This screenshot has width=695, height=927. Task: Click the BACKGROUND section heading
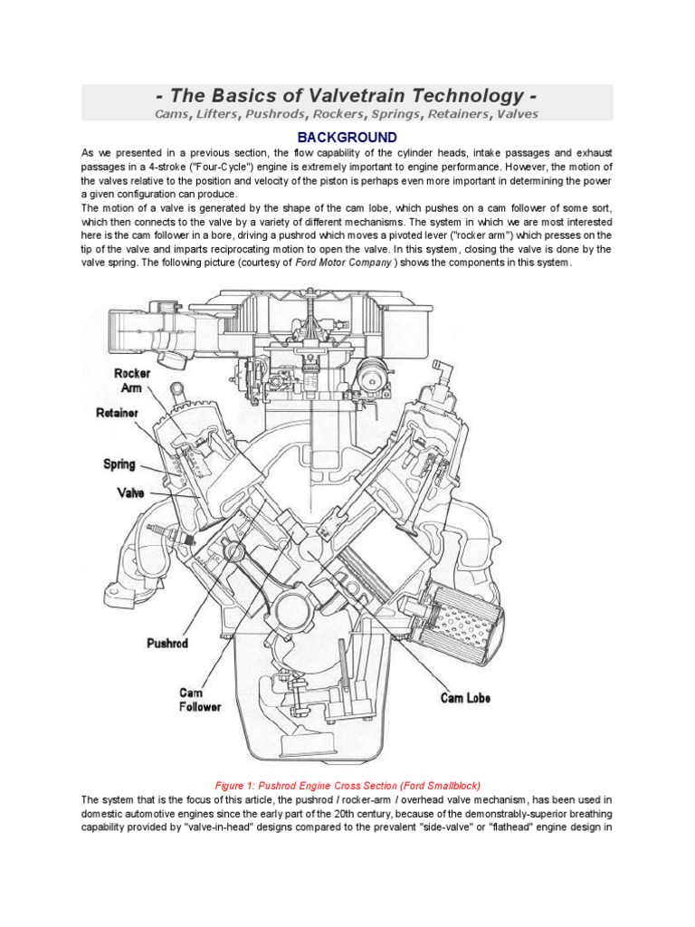point(347,137)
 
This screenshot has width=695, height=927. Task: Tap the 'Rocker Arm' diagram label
point(132,381)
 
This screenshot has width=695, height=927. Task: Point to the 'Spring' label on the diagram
point(119,464)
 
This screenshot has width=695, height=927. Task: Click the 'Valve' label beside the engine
point(130,493)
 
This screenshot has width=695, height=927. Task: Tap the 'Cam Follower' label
point(199,699)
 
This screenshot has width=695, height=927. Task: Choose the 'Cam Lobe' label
point(465,698)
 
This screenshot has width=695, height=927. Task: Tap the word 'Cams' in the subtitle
point(176,114)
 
